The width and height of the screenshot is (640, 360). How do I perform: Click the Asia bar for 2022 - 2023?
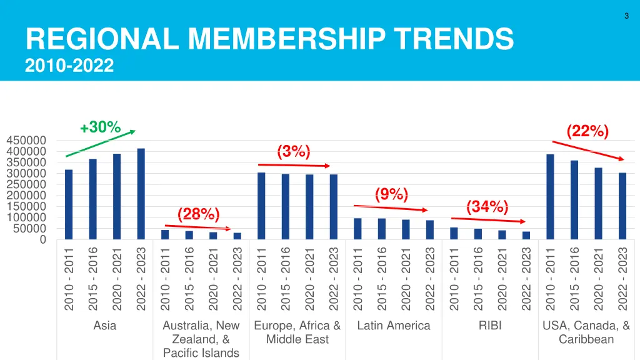(141, 194)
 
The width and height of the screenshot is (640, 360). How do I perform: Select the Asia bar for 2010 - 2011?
(69, 204)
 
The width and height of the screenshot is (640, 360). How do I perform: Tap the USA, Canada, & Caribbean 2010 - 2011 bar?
(550, 196)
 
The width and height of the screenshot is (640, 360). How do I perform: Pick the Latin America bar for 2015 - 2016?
(381, 229)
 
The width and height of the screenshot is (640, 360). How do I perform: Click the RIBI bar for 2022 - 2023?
(526, 235)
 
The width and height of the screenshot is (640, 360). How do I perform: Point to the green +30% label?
(100, 127)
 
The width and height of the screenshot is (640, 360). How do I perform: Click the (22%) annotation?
(587, 131)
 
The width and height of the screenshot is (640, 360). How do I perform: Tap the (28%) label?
(199, 214)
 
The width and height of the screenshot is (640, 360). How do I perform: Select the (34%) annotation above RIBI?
(487, 206)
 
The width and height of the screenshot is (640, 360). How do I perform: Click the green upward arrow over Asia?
(100, 144)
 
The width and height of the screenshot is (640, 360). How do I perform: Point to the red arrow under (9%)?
(391, 207)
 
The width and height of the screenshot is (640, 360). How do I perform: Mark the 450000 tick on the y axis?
(26, 141)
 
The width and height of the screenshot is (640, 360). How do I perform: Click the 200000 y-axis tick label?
(26, 196)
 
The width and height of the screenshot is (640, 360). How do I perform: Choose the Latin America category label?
(394, 326)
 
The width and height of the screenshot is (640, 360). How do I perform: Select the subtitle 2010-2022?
(70, 64)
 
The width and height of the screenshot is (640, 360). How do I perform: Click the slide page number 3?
(626, 17)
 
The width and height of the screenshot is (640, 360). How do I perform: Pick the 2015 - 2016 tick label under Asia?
(92, 278)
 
